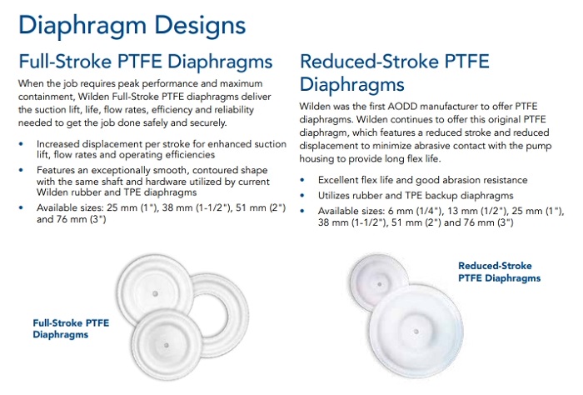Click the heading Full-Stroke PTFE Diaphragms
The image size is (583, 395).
(146, 62)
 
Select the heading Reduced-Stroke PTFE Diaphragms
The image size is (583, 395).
(394, 72)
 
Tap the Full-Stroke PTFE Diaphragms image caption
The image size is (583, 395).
(71, 328)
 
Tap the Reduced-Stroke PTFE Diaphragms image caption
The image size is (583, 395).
(499, 272)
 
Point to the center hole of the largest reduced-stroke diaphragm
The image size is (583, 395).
(416, 332)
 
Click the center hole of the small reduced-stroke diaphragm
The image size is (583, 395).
(379, 284)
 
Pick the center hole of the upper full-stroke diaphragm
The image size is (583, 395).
(156, 294)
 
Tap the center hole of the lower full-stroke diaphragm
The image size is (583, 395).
(167, 346)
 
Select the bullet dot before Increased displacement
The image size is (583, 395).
(21, 144)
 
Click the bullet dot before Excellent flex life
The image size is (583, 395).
(302, 180)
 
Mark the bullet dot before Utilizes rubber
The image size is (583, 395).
(302, 196)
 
